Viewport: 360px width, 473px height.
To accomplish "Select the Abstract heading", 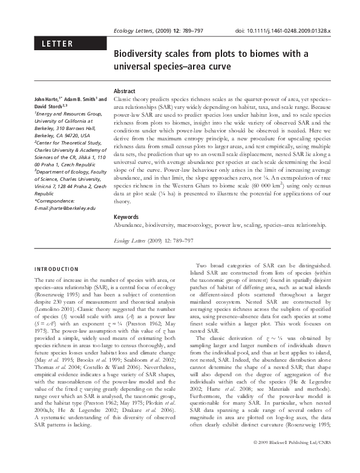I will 124,91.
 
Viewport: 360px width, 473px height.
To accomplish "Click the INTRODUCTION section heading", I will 56,269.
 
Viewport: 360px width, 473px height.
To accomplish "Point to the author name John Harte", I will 46,99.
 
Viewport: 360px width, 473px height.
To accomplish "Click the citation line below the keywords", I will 154,240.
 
